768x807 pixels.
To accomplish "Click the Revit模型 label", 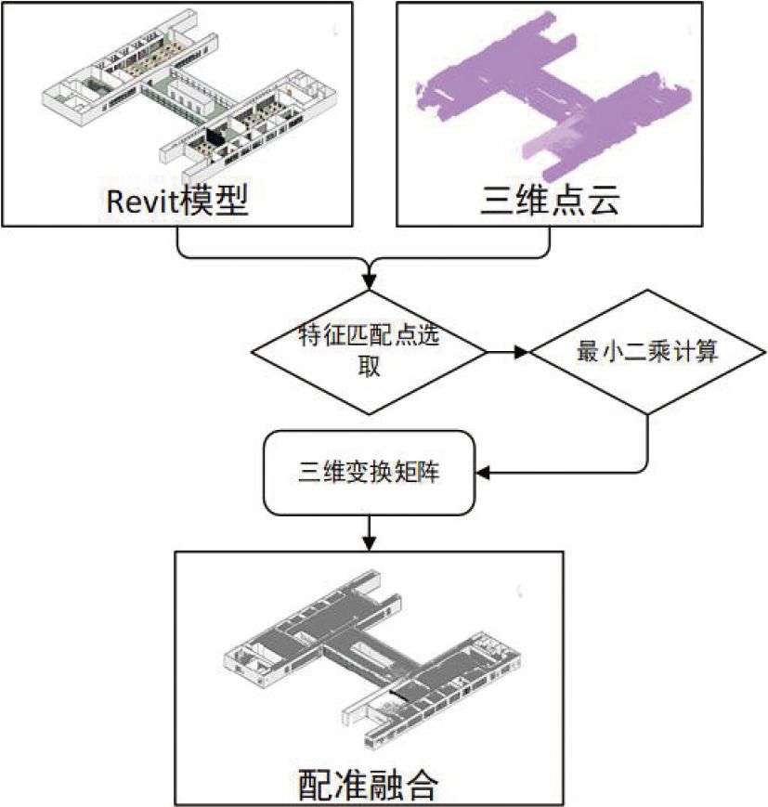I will click(178, 200).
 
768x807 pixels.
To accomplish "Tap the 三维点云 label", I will click(549, 200).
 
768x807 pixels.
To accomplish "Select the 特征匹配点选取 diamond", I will click(369, 351).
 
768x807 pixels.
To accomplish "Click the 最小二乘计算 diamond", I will click(648, 352).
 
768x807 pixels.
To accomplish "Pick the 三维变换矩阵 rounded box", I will click(370, 472).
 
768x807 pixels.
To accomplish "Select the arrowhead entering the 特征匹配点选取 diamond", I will click(370, 280).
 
